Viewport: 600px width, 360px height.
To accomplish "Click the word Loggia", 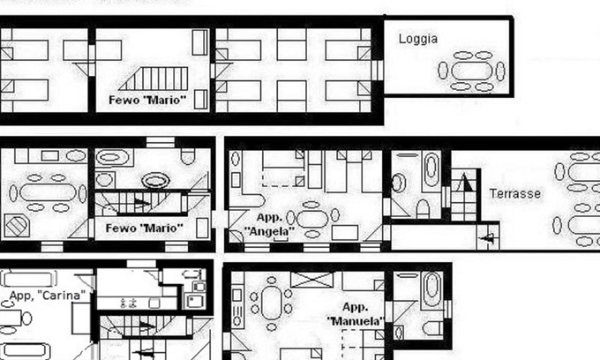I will (418, 39).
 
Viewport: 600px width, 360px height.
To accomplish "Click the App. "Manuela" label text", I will (355, 315).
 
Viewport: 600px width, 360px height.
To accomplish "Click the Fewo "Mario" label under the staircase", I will (143, 229).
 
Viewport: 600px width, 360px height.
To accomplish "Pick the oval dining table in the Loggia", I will (474, 71).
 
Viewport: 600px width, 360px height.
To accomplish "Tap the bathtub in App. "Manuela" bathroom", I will (431, 289).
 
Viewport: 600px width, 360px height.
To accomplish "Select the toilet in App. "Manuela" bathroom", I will (431, 328).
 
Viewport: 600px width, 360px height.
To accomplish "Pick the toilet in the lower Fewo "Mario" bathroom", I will (187, 156).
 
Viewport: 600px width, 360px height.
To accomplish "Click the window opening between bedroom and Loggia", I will (377, 69).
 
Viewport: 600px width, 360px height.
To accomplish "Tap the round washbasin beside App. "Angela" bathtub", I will (399, 183).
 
